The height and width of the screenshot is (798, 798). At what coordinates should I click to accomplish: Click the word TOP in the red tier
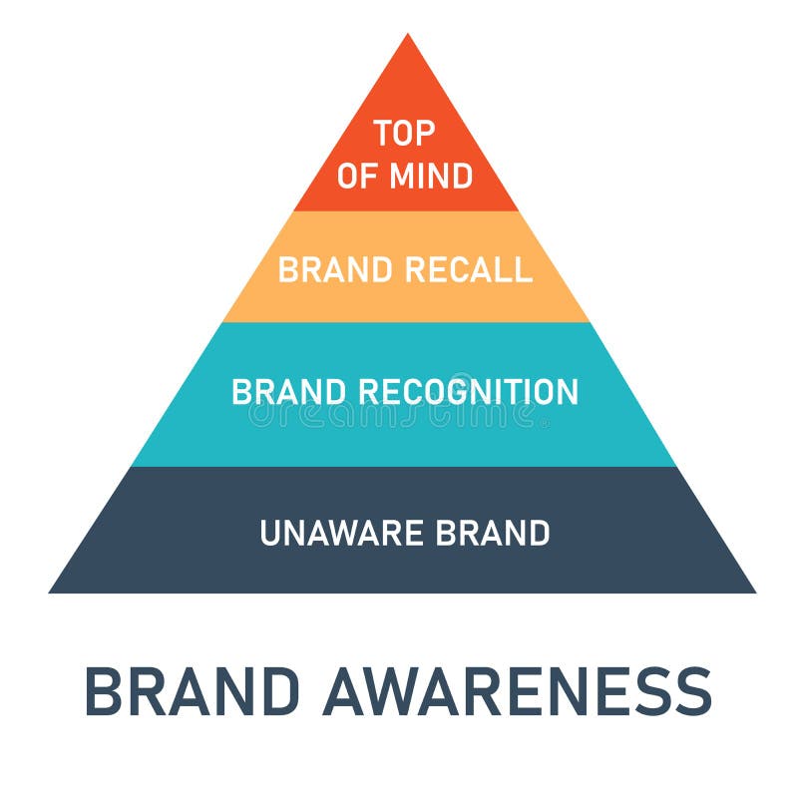click(x=405, y=133)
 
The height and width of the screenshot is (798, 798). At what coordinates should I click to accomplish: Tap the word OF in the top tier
click(x=355, y=177)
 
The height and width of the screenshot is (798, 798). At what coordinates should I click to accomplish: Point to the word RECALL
click(x=469, y=269)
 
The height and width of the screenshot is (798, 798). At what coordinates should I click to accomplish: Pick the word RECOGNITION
click(x=469, y=392)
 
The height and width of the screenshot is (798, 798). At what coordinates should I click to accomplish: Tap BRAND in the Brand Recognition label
click(x=290, y=392)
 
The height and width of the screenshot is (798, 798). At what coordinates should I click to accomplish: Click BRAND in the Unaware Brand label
click(x=493, y=534)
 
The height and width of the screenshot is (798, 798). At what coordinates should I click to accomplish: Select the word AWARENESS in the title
click(x=518, y=690)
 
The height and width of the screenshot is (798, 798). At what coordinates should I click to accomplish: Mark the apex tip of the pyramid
click(x=407, y=37)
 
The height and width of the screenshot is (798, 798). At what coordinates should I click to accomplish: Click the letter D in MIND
click(x=461, y=177)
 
